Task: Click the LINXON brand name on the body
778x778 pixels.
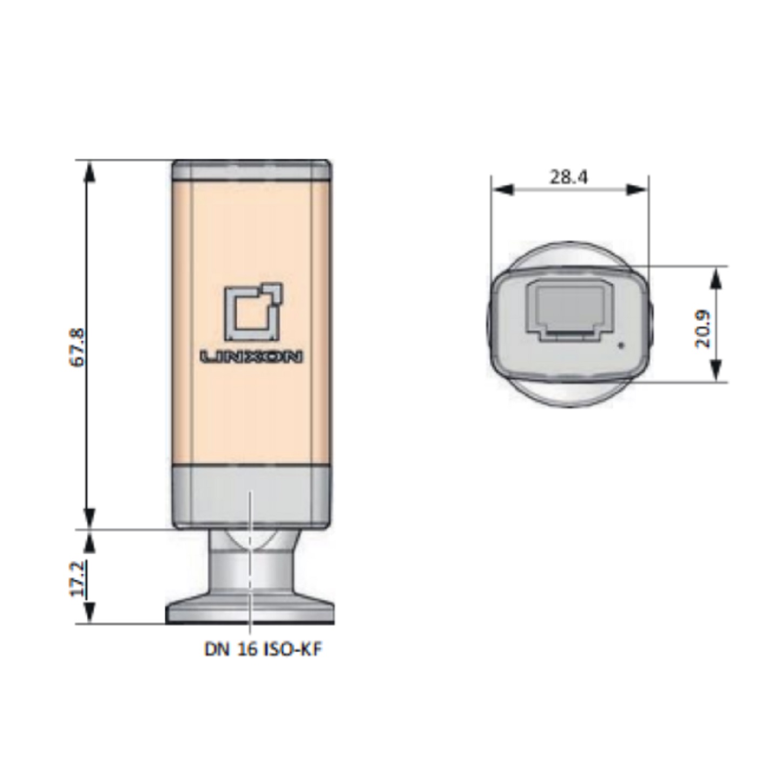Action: [x=251, y=357]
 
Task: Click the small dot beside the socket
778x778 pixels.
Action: [x=621, y=346]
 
